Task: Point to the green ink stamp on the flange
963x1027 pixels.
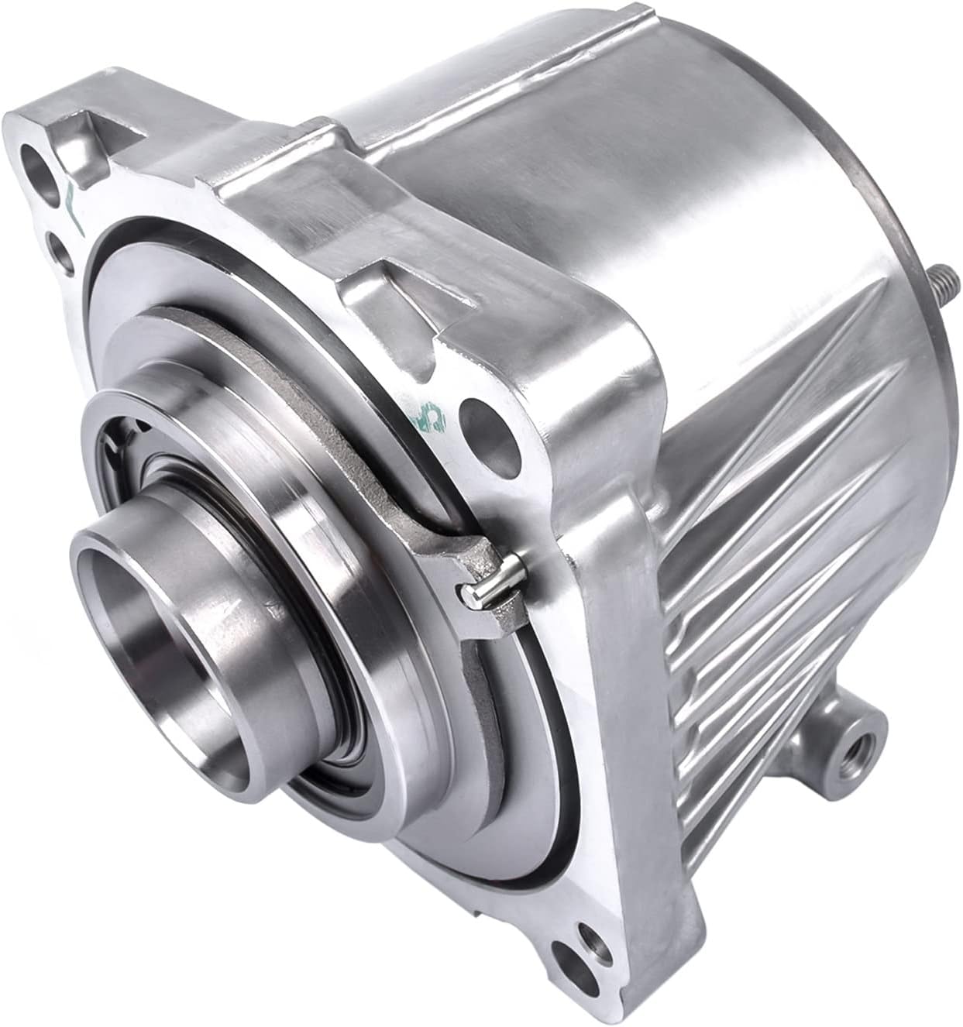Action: coord(435,404)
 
